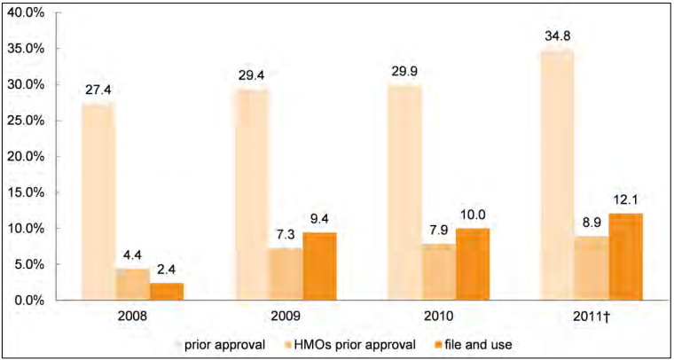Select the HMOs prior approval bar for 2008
pyautogui.click(x=132, y=284)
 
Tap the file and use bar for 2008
pyautogui.click(x=167, y=291)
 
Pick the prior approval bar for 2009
pyautogui.click(x=251, y=194)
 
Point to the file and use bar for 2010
pyautogui.click(x=473, y=263)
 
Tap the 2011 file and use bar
pyautogui.click(x=626, y=256)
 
